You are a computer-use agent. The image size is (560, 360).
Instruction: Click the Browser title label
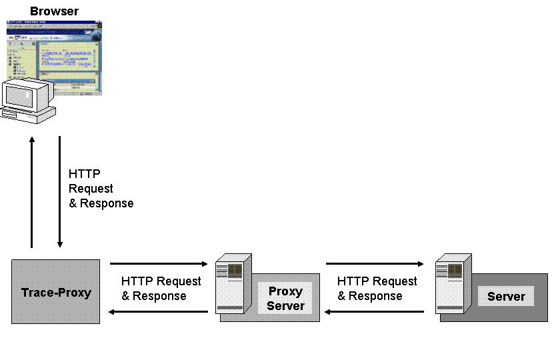[x=54, y=11]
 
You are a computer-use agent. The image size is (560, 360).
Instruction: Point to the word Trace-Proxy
[x=56, y=293]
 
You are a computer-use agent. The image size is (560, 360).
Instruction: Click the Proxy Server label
[x=285, y=299]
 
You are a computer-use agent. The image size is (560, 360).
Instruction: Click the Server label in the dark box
[x=506, y=297]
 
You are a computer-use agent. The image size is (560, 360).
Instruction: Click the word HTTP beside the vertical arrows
[x=85, y=175]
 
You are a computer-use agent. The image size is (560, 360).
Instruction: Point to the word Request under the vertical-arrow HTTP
[x=91, y=189]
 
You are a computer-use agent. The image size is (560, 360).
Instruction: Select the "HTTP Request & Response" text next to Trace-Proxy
[x=161, y=289]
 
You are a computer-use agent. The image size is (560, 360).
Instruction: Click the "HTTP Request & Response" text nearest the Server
[x=377, y=289]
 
